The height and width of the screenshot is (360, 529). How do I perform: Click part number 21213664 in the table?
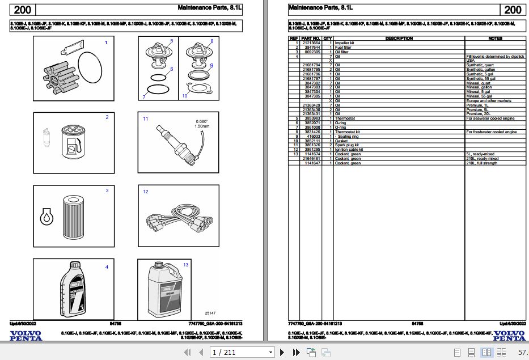click(x=311, y=43)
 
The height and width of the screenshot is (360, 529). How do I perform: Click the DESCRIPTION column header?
click(x=399, y=39)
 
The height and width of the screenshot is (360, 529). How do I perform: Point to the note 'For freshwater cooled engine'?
click(x=491, y=132)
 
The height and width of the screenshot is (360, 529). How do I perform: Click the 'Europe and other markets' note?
click(x=489, y=100)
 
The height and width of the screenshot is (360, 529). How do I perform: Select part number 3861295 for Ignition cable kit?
click(x=312, y=149)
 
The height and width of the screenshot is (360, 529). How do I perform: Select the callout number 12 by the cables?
click(x=146, y=192)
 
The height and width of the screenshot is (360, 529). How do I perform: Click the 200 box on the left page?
click(x=23, y=10)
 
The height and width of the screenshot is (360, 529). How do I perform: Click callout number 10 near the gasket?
click(x=185, y=96)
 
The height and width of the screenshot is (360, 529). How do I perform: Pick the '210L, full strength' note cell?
click(x=482, y=163)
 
